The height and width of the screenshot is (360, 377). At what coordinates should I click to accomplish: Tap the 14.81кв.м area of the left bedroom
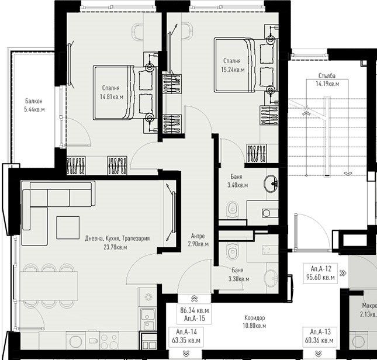[x=112, y=97]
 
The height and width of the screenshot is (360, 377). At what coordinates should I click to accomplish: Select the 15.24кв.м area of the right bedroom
[x=233, y=68]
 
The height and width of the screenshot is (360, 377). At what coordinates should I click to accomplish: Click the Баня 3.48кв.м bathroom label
[x=237, y=181]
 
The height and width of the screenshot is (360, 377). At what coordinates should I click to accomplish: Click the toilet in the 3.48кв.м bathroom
[x=233, y=207]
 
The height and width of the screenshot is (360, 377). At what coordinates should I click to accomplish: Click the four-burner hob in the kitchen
[x=107, y=340]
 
